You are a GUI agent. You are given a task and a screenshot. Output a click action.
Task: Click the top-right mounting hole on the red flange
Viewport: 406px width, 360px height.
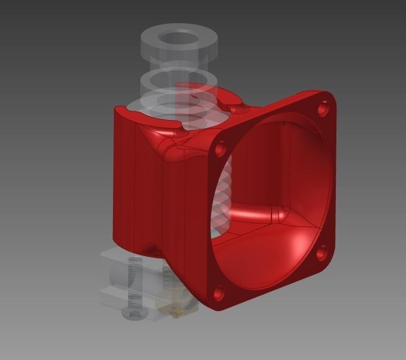click(x=323, y=109)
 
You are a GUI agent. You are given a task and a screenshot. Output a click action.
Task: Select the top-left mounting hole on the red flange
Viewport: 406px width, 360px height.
click(x=220, y=149)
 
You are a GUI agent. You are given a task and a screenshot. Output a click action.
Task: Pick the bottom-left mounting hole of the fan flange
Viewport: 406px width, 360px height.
click(x=219, y=292)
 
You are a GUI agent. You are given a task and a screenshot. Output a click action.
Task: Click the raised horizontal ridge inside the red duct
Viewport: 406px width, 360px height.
click(x=257, y=213)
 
